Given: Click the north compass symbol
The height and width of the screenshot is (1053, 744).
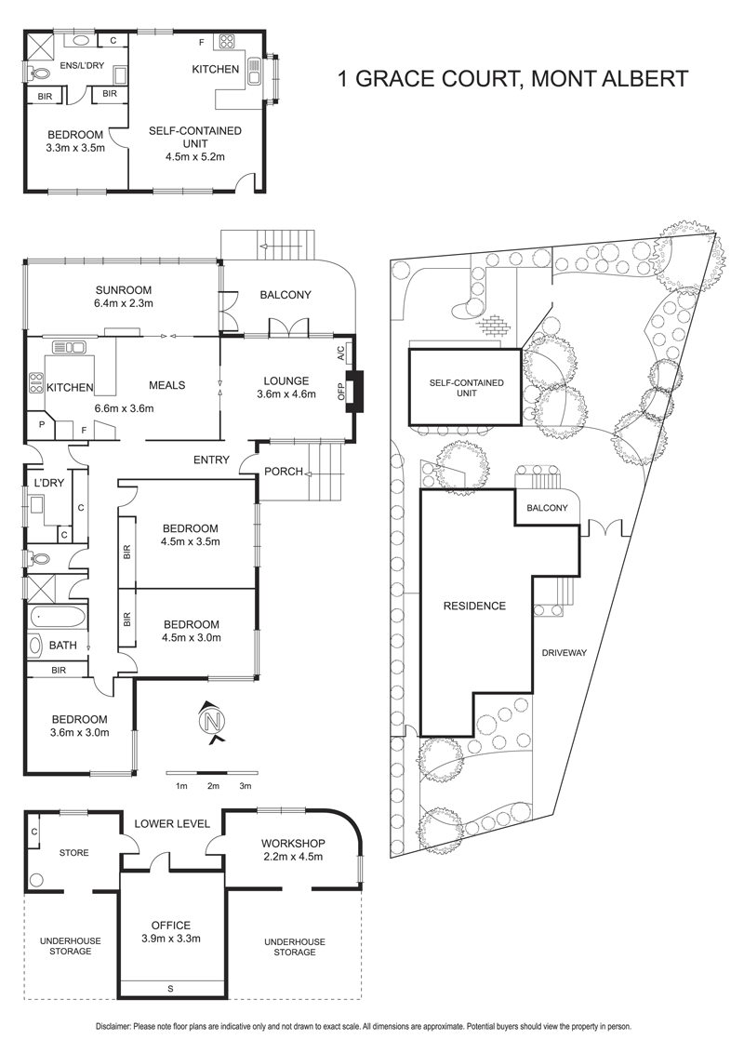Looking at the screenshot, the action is coord(213,721).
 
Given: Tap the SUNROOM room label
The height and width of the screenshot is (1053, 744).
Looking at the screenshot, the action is coord(124,290).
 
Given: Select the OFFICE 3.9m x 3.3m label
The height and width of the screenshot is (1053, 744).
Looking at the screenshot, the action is coord(170,931).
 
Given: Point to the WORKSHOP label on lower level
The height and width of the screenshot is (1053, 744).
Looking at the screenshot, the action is coord(293,844).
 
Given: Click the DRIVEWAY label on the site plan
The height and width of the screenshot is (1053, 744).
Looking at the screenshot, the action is coord(565,652).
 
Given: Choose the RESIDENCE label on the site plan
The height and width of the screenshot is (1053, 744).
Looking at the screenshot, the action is coord(474,606).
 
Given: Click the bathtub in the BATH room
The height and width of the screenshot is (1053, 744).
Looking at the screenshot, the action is coord(58,617).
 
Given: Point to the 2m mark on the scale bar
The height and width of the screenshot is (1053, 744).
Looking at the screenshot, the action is coord(214,786).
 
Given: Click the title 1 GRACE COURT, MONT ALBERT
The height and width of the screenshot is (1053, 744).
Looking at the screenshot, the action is coord(513,78).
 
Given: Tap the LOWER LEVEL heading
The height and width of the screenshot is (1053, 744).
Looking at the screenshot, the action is coord(172,823).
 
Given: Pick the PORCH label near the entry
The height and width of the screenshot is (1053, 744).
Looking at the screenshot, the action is coord(284,472).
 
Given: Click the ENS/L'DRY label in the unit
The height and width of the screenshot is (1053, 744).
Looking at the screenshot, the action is coord(82,65).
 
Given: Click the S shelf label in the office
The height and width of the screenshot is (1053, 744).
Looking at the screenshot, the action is coord(170,988).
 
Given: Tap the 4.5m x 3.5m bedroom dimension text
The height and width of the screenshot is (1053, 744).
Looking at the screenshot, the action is coord(192,541).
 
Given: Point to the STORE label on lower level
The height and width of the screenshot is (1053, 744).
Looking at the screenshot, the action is coord(73,853).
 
